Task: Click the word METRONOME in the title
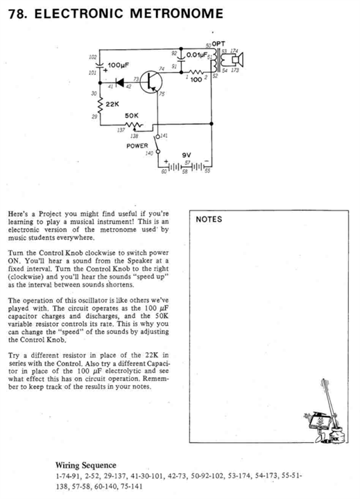click(x=176, y=14)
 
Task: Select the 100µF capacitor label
click(x=118, y=65)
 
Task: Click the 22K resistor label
click(x=112, y=104)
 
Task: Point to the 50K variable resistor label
click(x=132, y=116)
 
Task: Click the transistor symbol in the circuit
click(x=151, y=82)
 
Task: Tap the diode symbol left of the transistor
click(x=120, y=82)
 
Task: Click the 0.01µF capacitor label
click(x=197, y=55)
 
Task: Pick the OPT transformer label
click(x=218, y=44)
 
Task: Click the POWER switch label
click(x=137, y=146)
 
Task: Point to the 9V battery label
click(x=187, y=155)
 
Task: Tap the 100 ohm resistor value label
click(x=196, y=80)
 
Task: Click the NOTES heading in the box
click(x=209, y=219)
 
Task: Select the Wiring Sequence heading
click(x=86, y=465)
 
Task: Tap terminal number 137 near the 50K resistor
click(x=121, y=130)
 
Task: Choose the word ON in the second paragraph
click(x=15, y=261)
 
